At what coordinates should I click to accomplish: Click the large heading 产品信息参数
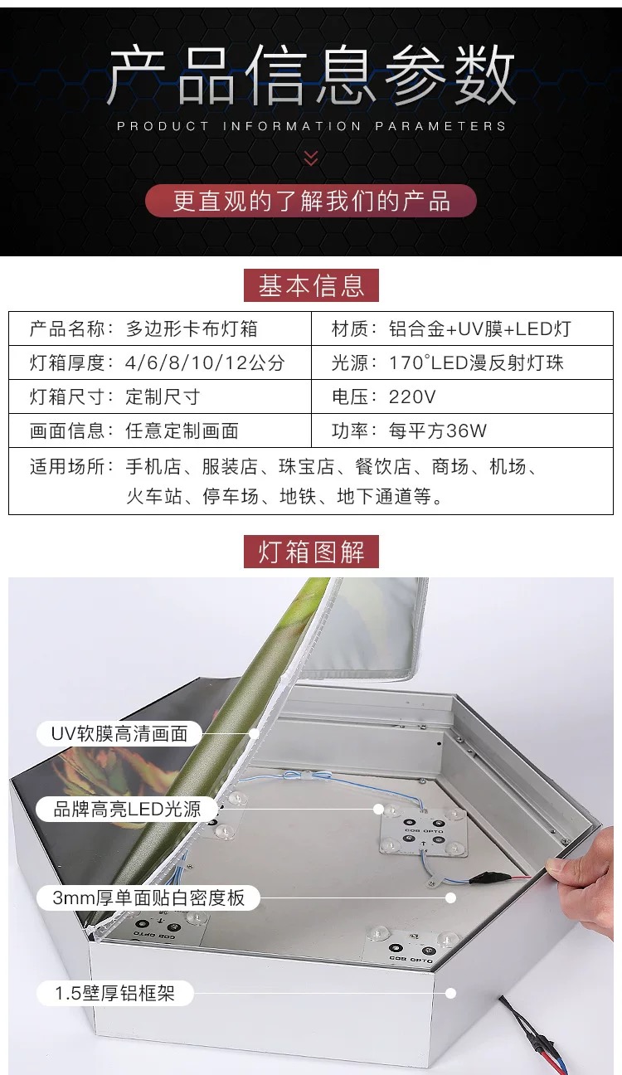click(311, 75)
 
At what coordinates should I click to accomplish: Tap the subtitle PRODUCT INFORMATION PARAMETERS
click(312, 126)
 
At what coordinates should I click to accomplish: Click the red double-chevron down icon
click(311, 158)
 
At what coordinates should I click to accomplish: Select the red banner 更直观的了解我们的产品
click(311, 201)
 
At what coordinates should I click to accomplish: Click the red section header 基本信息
click(311, 285)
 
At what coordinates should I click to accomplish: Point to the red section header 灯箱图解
click(311, 552)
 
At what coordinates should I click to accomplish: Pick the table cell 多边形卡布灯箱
click(192, 328)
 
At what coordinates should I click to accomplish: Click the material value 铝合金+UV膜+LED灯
click(480, 328)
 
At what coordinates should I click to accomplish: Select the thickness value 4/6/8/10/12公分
click(205, 362)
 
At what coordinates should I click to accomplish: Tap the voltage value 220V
click(412, 396)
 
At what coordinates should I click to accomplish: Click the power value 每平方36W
click(438, 431)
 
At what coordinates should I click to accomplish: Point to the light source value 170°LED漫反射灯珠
click(476, 362)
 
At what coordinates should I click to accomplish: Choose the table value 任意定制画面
click(182, 431)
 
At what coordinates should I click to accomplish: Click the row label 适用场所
click(68, 466)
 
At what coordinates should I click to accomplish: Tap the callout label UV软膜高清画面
click(119, 733)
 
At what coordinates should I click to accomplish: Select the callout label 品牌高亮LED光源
click(127, 809)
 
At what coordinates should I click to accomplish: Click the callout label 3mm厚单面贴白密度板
click(148, 897)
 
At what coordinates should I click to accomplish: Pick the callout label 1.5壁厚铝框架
click(115, 993)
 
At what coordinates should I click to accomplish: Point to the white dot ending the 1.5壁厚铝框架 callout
click(450, 993)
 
